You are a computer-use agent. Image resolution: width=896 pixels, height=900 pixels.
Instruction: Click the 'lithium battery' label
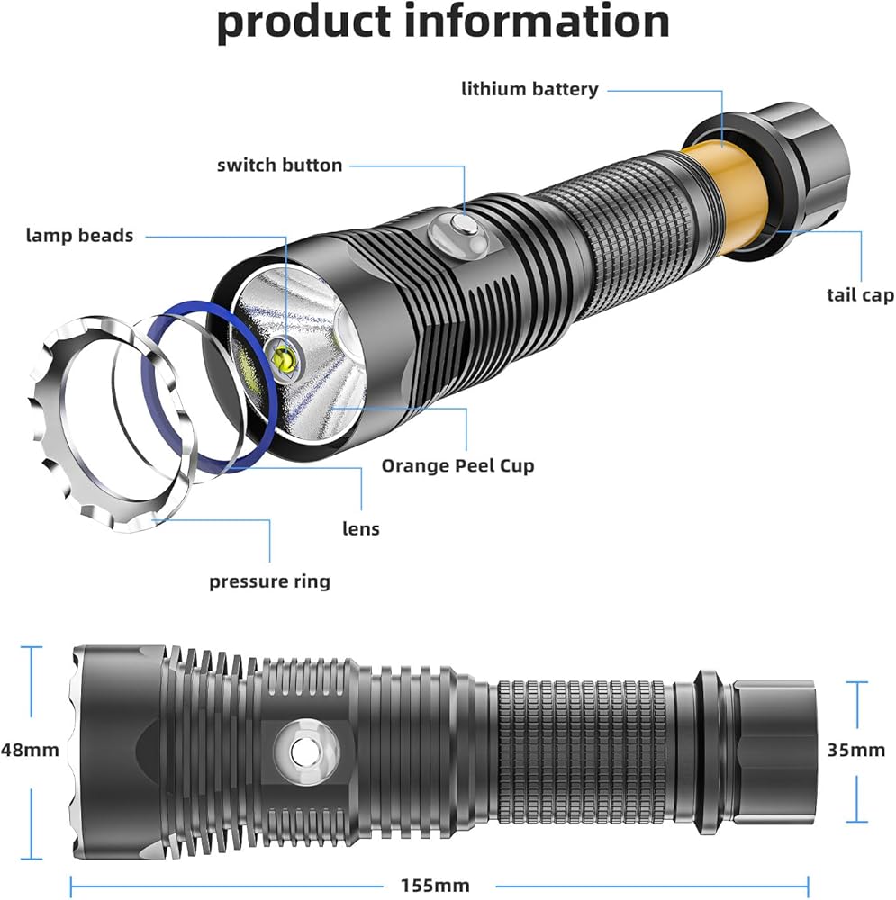tap(529, 89)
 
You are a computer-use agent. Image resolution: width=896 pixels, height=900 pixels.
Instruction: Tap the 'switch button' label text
tap(280, 165)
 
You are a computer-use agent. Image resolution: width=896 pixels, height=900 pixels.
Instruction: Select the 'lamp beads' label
tap(79, 236)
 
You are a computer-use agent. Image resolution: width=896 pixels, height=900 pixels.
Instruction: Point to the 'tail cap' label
tap(860, 295)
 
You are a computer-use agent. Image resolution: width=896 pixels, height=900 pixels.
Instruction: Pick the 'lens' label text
tap(360, 528)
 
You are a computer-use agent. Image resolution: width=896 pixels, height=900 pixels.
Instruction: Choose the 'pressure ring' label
tap(269, 581)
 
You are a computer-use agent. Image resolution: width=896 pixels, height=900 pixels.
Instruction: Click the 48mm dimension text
tap(31, 749)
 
